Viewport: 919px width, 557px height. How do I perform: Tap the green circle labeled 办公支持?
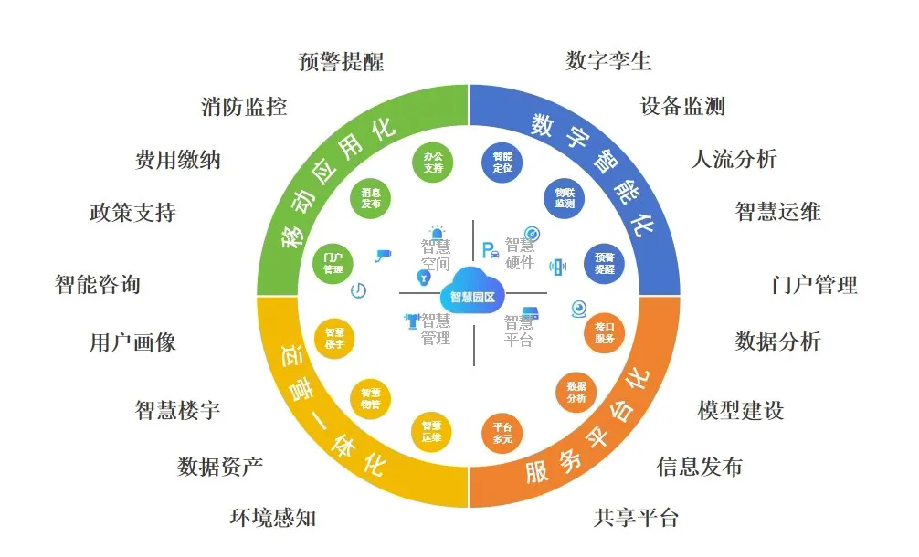point(433,163)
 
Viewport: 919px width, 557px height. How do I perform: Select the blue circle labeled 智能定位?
point(502,163)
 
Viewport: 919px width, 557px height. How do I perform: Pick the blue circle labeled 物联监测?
point(565,198)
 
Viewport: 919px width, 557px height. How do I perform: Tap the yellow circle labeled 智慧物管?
point(371,398)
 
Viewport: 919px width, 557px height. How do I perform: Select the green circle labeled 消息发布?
point(371,198)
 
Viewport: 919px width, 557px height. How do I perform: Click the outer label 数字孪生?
point(608,61)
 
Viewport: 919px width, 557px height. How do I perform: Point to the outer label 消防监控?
point(244,107)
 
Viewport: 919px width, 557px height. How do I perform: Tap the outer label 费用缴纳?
point(178,160)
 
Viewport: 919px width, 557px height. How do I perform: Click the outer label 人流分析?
point(734,159)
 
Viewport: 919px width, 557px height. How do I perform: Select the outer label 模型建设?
point(740,410)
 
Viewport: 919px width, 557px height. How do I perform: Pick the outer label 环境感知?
point(272,518)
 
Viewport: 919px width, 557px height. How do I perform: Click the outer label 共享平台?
point(636,518)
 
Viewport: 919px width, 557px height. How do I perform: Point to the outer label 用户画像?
point(132,342)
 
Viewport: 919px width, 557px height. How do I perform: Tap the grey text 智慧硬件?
point(520,254)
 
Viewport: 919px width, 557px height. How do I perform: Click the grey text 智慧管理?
point(436,329)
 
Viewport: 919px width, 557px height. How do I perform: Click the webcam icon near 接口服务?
point(579,308)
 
